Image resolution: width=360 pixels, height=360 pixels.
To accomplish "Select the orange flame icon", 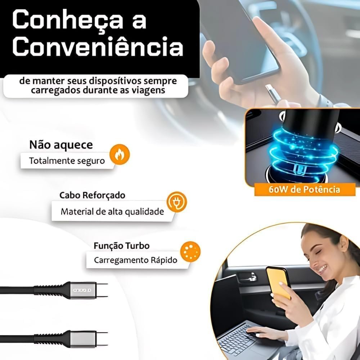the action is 120,154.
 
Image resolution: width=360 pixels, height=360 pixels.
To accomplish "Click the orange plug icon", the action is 176,202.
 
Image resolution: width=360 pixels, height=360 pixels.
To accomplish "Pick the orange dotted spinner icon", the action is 190,252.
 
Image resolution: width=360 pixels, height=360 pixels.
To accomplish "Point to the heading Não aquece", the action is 61,145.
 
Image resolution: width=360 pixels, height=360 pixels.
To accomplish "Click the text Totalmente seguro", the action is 67,161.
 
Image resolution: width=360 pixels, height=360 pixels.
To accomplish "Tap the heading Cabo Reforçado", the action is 92,195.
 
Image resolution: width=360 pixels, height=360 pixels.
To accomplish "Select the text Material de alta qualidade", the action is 112,211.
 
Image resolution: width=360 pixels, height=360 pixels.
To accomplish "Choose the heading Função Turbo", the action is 122,246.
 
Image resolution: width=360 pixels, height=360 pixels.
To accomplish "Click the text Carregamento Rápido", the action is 136,260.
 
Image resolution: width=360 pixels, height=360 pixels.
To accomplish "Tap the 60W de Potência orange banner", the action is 305,189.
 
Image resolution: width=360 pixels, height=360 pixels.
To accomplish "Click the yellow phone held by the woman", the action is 278,283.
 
